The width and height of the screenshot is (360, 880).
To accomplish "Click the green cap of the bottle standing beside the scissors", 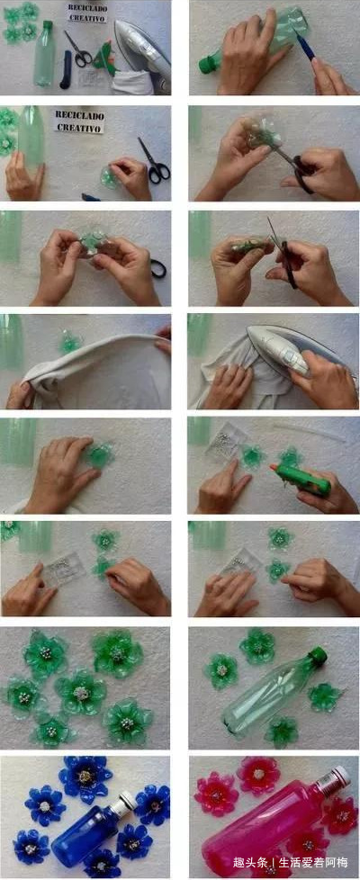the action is [x=48, y=26].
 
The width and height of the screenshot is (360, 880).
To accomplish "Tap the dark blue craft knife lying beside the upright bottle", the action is [x=65, y=70].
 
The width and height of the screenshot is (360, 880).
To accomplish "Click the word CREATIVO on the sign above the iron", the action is [x=86, y=18].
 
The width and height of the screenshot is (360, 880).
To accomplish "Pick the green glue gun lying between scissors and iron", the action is [x=107, y=58].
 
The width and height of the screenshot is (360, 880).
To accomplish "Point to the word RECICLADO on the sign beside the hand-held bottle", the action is [x=79, y=115].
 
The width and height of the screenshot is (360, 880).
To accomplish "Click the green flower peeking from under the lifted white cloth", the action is [x=69, y=342].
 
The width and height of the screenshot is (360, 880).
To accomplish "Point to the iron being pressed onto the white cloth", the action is [x=279, y=350].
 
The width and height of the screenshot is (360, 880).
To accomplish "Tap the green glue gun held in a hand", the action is [x=301, y=480].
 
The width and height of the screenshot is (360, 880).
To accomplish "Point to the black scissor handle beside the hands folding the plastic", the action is [x=158, y=268].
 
